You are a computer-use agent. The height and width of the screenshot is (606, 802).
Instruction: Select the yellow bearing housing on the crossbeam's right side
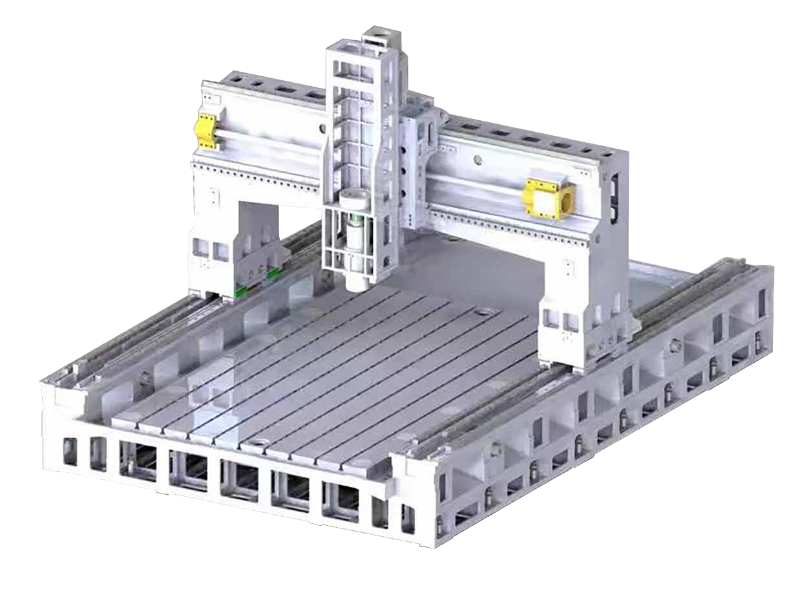pyautogui.click(x=549, y=199)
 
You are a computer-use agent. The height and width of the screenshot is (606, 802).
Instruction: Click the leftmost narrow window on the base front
pyautogui.click(x=70, y=451)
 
